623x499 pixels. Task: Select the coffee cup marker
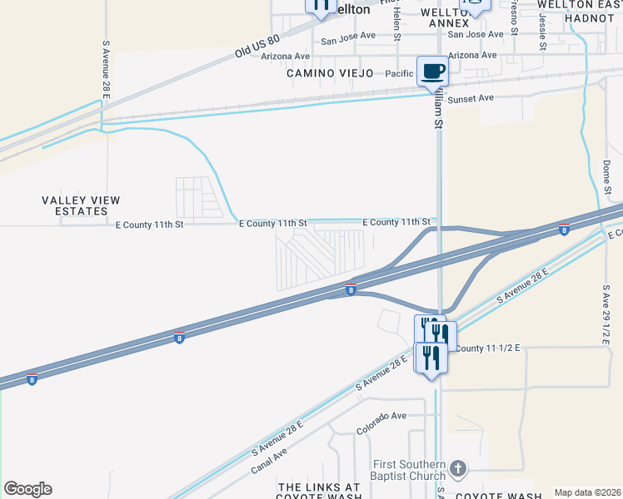click(431, 71)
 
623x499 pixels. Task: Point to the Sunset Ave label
click(471, 98)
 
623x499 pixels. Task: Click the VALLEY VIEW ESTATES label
click(81, 205)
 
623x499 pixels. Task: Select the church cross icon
click(457, 470)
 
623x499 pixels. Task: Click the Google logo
click(27, 489)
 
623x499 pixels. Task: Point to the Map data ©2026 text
click(587, 492)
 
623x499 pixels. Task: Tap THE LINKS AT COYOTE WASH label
click(319, 492)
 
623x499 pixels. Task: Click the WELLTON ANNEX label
click(449, 17)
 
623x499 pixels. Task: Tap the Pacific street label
click(400, 74)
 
